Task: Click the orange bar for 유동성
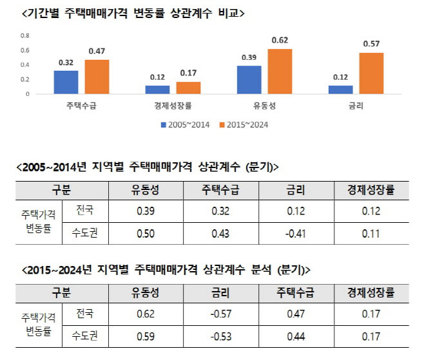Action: (x=280, y=71)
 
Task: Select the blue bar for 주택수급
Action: (x=66, y=82)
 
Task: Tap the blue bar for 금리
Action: (x=340, y=90)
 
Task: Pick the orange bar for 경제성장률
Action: (x=188, y=88)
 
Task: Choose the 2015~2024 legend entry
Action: (x=243, y=124)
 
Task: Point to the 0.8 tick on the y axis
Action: (x=25, y=36)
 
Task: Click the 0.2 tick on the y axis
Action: (x=25, y=80)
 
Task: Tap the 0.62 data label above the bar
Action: (x=280, y=41)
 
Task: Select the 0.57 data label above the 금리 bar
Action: (x=371, y=44)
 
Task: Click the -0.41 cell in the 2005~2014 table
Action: (x=296, y=232)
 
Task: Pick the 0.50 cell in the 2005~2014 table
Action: (x=145, y=232)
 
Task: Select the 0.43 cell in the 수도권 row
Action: (x=220, y=232)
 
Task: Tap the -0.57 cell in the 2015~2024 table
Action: (x=220, y=316)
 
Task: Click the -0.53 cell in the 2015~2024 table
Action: (x=220, y=337)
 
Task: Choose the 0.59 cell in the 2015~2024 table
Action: (x=145, y=337)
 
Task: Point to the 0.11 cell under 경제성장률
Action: (x=371, y=232)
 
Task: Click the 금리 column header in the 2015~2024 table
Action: (x=220, y=293)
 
